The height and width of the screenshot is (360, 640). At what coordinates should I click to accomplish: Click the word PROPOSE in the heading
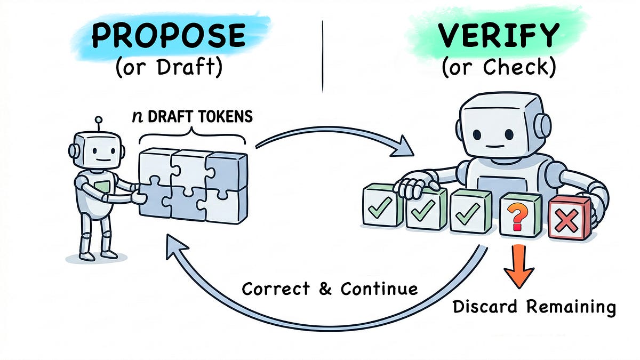169,35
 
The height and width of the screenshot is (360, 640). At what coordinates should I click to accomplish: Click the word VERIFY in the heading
499,35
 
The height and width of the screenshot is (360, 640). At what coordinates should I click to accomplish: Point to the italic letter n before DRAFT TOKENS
138,117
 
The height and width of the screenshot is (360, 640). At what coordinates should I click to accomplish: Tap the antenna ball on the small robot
99,119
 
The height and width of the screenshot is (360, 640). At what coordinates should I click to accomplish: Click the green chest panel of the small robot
102,187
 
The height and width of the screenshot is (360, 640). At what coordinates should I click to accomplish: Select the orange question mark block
521,215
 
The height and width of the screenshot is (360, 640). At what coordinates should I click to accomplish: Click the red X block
570,217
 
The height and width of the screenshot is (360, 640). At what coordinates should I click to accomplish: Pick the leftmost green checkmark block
382,205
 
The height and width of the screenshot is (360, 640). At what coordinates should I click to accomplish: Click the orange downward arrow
518,266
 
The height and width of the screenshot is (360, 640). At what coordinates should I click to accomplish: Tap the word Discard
485,306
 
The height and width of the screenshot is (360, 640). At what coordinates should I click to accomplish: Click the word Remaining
571,307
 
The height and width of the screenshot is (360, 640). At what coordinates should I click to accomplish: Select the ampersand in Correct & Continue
325,289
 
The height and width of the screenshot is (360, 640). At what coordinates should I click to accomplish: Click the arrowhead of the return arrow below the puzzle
175,245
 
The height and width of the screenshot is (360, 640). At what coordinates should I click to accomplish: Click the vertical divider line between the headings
323,57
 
